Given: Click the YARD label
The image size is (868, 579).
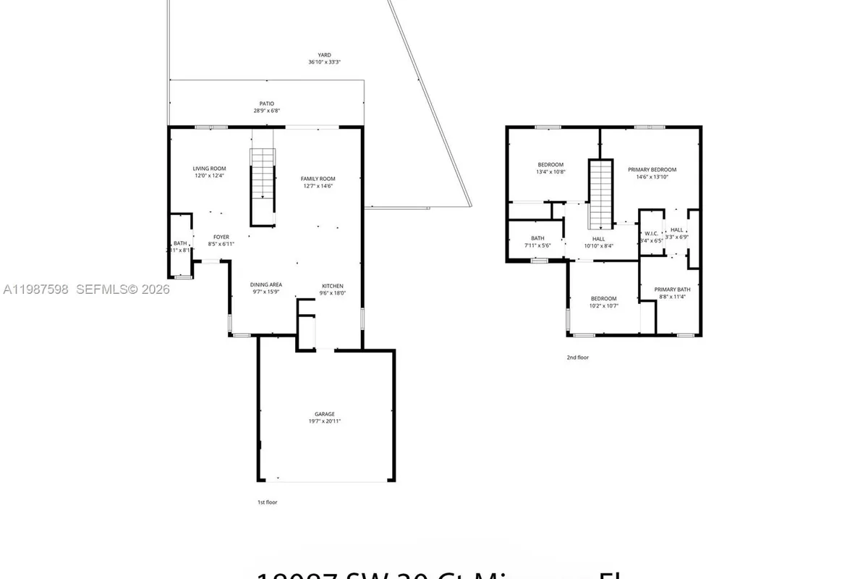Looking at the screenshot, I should (x=324, y=55).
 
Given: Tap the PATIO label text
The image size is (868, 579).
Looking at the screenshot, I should (x=267, y=103).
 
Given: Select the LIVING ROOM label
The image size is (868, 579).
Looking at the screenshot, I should (x=209, y=169).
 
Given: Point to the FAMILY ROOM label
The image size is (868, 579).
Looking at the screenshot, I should (x=318, y=179).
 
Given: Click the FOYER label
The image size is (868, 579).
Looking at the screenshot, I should (x=221, y=237).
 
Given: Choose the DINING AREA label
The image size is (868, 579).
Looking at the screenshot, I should (x=266, y=285).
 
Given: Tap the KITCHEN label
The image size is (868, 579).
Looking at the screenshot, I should (x=333, y=286).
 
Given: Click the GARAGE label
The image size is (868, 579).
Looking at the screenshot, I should (x=324, y=414).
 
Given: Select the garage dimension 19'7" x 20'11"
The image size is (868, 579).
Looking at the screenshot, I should (x=324, y=421).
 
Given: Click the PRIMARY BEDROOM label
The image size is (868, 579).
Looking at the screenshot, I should (x=652, y=169).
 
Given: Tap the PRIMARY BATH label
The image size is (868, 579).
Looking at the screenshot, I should (x=674, y=289).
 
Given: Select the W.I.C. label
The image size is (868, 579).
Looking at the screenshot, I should (x=651, y=233).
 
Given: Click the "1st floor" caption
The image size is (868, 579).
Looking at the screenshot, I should (x=267, y=502).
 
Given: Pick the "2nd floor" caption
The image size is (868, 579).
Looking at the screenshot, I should (x=578, y=357).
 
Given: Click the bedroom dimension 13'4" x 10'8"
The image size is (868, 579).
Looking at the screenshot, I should (x=550, y=172).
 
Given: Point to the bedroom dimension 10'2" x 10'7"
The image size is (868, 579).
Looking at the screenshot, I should (x=603, y=306).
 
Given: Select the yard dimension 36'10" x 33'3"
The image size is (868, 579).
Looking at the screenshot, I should (x=324, y=62).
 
